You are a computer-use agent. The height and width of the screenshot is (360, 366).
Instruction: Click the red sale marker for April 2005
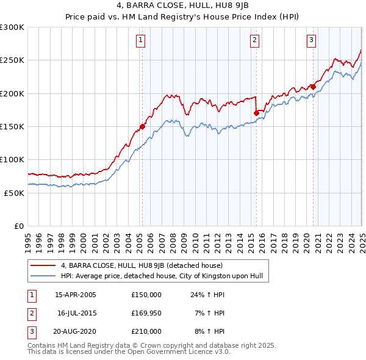[x=142, y=127]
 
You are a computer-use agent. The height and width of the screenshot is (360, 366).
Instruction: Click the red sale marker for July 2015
[x=256, y=113]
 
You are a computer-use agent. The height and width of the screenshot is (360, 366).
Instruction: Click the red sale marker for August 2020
[x=313, y=87]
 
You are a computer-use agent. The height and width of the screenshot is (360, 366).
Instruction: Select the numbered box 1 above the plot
[x=141, y=41]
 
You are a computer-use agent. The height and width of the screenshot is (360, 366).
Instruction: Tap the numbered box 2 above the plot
[x=254, y=41]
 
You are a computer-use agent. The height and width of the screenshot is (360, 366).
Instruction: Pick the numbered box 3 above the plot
[x=311, y=41]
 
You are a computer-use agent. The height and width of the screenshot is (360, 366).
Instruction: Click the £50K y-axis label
[x=14, y=193]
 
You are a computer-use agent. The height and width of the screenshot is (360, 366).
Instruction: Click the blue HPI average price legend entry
[x=161, y=276]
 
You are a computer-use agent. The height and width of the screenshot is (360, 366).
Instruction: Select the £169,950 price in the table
[x=146, y=313]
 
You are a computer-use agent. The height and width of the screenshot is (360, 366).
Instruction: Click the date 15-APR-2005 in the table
[x=76, y=295]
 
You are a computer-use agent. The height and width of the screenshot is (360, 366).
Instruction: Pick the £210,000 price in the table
[x=146, y=331]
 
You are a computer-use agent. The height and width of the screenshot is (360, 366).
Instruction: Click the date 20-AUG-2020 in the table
[x=76, y=331]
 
